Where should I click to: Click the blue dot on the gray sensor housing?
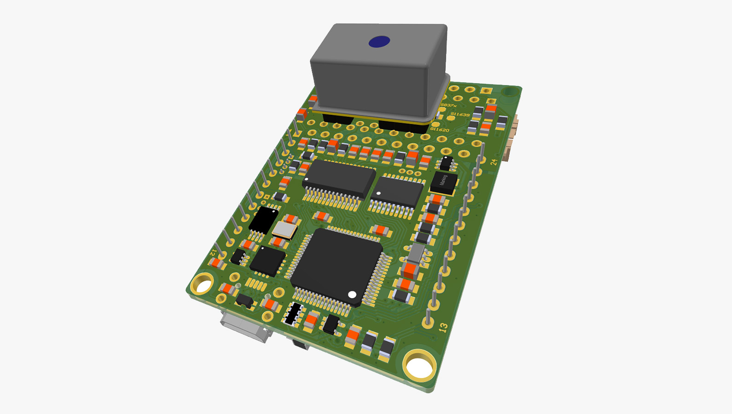tap(379, 42)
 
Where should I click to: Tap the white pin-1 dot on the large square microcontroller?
tap(352, 294)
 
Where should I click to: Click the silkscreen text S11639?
tap(460, 115)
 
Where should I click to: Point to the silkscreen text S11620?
tap(440, 130)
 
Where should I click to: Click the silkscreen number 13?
tap(443, 328)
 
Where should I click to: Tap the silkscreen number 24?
tap(494, 162)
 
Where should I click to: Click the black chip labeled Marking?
tap(443, 182)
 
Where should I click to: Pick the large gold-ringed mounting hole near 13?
tap(419, 365)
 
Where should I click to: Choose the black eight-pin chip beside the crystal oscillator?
tap(264, 219)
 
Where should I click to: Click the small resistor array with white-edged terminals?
tap(293, 314)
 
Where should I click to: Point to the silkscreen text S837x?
tap(448, 106)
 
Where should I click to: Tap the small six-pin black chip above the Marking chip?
tap(446, 163)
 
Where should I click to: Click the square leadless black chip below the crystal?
tap(267, 260)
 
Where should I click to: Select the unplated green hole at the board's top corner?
tap(509, 92)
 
